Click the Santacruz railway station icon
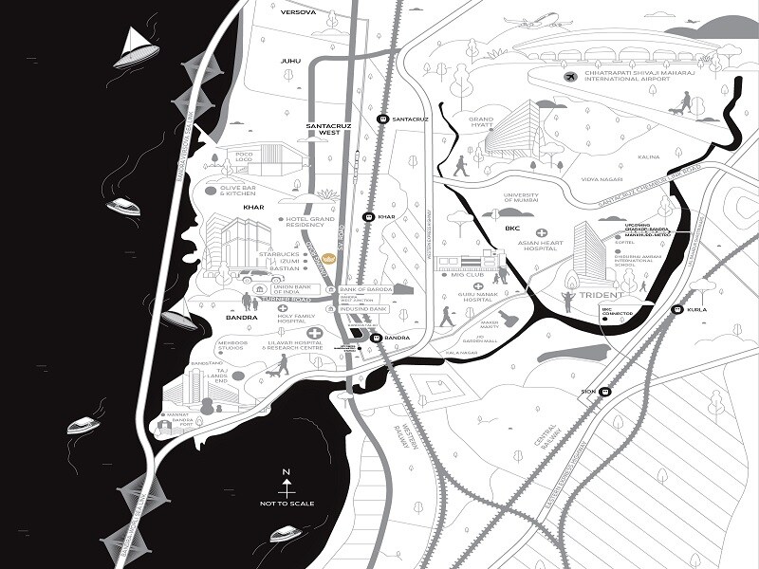(382, 119)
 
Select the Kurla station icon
(676, 310)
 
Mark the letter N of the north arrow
(285, 471)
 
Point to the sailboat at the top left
(136, 48)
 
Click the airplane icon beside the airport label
(570, 77)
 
